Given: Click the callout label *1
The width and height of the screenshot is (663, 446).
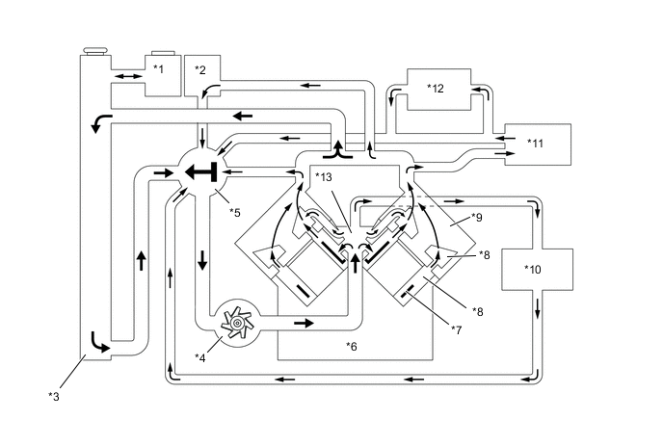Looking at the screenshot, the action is [x=158, y=68].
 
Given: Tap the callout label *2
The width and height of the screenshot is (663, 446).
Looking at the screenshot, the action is [x=200, y=69].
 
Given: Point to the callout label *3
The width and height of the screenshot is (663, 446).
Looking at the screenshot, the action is [x=54, y=397].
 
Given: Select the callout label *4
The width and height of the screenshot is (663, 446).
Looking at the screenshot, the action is [x=200, y=357].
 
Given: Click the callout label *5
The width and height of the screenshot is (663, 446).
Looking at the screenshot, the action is [x=235, y=213].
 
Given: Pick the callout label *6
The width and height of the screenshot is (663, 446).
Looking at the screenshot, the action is [x=352, y=347].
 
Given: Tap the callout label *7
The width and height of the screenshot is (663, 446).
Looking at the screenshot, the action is [x=456, y=329].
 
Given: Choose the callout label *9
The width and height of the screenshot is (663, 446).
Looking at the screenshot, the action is [x=476, y=218].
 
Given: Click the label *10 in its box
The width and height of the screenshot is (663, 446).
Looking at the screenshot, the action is [x=532, y=270].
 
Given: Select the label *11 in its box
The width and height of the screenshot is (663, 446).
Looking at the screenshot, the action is [x=535, y=144].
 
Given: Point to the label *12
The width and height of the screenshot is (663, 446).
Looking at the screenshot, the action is [x=436, y=89].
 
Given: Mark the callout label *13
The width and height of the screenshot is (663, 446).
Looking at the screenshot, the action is [x=324, y=177].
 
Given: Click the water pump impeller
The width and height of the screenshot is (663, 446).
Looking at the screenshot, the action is [x=237, y=324].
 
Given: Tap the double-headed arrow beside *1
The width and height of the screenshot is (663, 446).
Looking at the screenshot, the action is [x=128, y=76].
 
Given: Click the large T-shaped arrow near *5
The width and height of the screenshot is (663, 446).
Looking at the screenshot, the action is [x=201, y=172].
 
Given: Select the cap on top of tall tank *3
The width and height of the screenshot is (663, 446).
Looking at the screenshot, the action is [x=96, y=51].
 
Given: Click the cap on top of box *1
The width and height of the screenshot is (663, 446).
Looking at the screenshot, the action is [x=163, y=53].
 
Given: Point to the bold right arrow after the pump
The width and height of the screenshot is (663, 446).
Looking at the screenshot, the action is [x=304, y=324].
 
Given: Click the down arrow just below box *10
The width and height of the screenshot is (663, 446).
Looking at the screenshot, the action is [x=538, y=308].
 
